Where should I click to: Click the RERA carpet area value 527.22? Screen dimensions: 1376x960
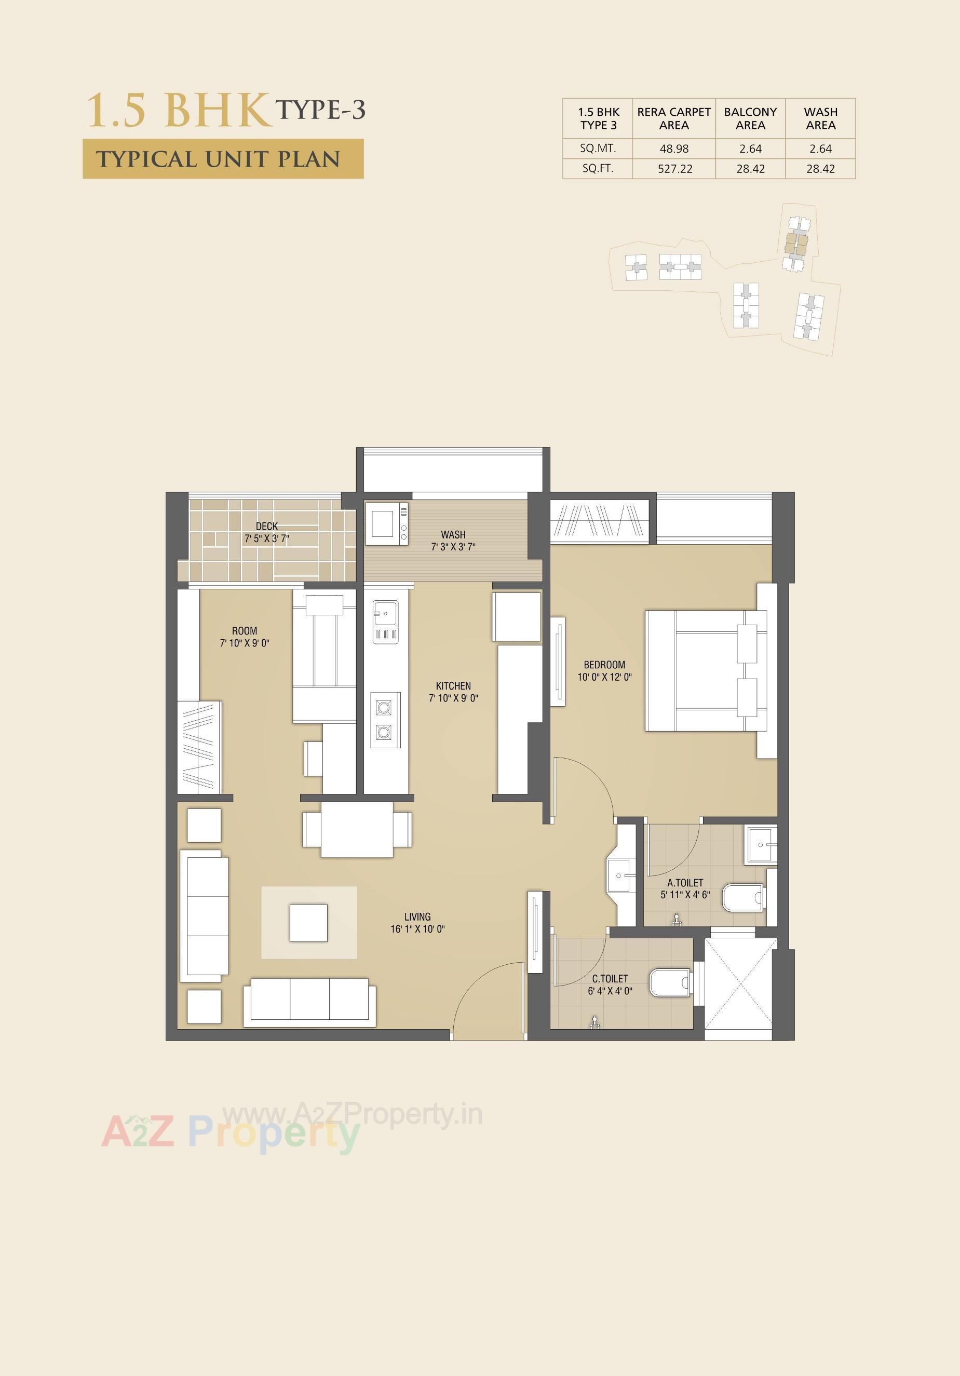point(675,169)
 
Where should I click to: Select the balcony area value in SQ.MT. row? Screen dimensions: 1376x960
point(750,149)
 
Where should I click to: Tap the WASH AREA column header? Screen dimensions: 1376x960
point(820,118)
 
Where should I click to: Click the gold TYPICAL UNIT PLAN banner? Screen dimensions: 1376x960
point(223,159)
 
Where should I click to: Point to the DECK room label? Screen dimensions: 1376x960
point(267,526)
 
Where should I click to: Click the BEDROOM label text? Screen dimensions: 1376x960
point(604,665)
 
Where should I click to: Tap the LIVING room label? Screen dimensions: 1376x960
point(417,916)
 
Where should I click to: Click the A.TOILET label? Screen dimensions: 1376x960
point(685,883)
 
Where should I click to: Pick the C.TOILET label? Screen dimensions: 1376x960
point(610,979)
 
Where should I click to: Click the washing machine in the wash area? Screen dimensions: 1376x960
point(386,524)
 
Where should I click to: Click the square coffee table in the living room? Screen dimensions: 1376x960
point(308,923)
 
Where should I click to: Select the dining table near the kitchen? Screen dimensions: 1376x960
point(357,829)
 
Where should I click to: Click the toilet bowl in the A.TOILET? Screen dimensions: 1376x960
point(742,897)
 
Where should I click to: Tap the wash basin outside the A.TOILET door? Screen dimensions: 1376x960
point(618,876)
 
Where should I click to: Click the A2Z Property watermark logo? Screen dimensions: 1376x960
point(231,1131)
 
